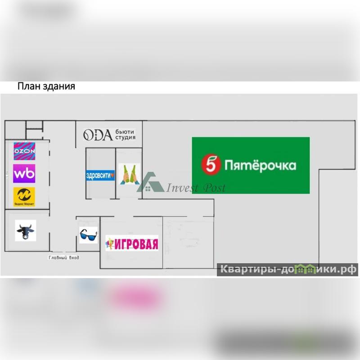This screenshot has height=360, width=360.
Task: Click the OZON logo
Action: point(24,152)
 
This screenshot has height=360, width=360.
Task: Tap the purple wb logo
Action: point(24,173)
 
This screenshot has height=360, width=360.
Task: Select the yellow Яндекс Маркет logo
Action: point(24,195)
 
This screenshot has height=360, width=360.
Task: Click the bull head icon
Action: point(25,231)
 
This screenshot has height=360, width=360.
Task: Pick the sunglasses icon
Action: point(88,234)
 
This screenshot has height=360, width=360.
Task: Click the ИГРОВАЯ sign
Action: point(132,243)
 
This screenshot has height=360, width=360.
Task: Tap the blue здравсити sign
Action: point(100,175)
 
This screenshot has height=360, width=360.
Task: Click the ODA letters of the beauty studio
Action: point(97,135)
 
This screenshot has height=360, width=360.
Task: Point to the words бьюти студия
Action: point(125,135)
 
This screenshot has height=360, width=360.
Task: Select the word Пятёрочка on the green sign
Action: point(260,165)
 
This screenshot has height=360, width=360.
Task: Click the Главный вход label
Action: point(63,258)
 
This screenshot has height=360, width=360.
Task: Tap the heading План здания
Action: point(46,86)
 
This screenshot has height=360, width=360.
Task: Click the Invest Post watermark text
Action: point(196,188)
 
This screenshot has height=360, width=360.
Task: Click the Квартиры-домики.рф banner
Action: point(288,270)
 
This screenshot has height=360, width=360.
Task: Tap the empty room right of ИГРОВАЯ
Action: point(188,243)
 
